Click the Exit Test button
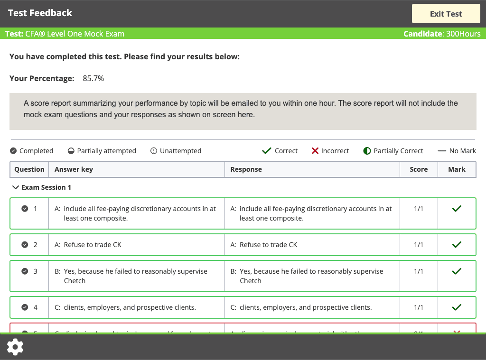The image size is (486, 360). (446, 14)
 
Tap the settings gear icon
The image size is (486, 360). (15, 347)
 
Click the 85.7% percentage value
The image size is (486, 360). (93, 78)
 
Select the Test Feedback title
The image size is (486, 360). (40, 13)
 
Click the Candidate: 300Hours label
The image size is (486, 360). (442, 34)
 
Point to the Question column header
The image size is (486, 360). (29, 169)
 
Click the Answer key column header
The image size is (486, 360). (74, 169)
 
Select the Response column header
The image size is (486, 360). (246, 169)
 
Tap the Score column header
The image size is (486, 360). (419, 169)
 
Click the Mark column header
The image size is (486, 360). (457, 169)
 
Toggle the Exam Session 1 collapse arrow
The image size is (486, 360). (15, 187)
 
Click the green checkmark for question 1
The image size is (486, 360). (457, 209)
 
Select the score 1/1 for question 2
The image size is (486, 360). (419, 245)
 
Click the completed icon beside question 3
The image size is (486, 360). (25, 271)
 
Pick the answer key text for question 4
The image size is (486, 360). (125, 307)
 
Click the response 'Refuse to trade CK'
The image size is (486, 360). (268, 245)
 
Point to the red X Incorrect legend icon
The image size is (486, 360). (315, 151)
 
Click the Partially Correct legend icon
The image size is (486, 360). (367, 151)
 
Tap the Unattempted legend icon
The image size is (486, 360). (154, 151)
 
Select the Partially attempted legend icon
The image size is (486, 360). (71, 151)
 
